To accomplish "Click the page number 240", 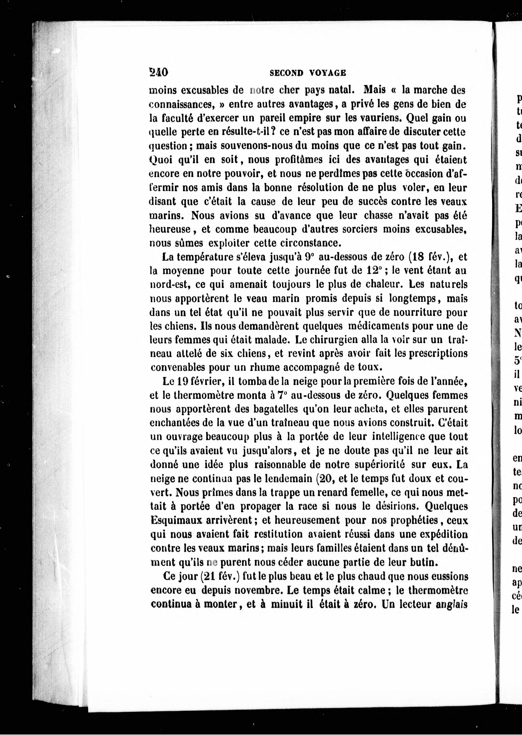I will point(158,72).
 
